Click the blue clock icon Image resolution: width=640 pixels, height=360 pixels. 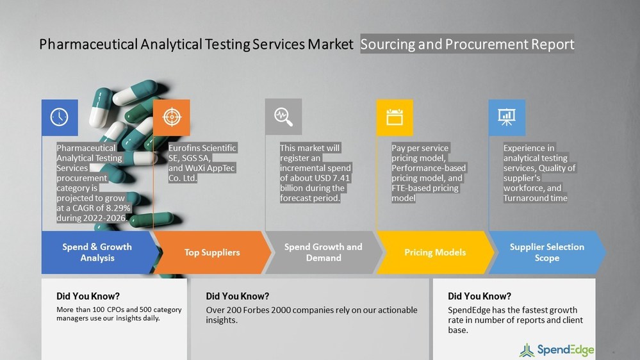click(60, 117)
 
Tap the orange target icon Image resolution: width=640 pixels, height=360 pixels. click(171, 117)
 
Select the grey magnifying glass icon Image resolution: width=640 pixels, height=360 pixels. click(283, 117)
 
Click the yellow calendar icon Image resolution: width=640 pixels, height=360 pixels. click(395, 117)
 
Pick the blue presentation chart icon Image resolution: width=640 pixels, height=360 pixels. click(507, 117)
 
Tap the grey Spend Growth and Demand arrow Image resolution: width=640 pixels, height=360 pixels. click(323, 252)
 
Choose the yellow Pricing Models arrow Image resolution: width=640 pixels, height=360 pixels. click(434, 252)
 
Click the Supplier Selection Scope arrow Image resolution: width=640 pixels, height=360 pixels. click(546, 252)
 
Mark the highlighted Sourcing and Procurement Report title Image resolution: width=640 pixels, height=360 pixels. click(467, 44)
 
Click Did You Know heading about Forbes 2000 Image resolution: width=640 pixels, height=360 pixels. click(237, 296)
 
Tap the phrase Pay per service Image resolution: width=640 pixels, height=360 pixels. click(420, 148)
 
